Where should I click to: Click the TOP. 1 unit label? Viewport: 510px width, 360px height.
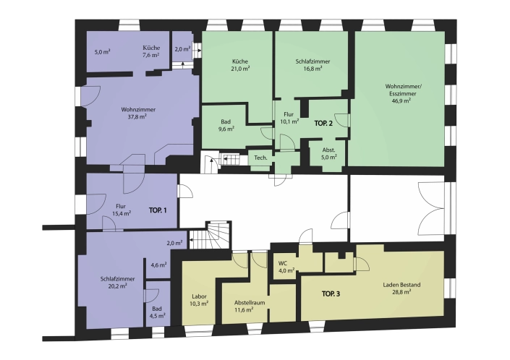[158, 210]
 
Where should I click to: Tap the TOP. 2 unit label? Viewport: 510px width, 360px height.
[323, 124]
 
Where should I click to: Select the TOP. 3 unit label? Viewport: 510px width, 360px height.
[331, 294]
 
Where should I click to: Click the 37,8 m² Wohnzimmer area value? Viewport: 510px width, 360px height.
[137, 116]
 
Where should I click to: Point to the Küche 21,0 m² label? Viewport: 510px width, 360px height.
[240, 65]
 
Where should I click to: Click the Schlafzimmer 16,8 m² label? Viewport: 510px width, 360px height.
[313, 65]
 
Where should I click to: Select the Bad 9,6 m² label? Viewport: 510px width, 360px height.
[226, 125]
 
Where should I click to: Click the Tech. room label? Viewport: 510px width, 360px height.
[261, 158]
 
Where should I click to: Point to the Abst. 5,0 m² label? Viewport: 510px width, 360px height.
[329, 154]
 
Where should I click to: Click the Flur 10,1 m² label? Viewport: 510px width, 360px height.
[289, 118]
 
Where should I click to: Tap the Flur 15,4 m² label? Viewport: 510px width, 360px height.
[122, 210]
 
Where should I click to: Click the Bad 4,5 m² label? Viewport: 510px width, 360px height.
[157, 312]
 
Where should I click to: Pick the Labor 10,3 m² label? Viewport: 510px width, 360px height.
[199, 300]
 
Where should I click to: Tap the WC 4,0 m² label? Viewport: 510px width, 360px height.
[286, 267]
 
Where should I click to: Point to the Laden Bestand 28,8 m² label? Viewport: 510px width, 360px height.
[401, 288]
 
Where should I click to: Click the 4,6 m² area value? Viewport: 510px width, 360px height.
[158, 265]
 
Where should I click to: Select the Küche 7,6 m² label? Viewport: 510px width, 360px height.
[151, 51]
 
